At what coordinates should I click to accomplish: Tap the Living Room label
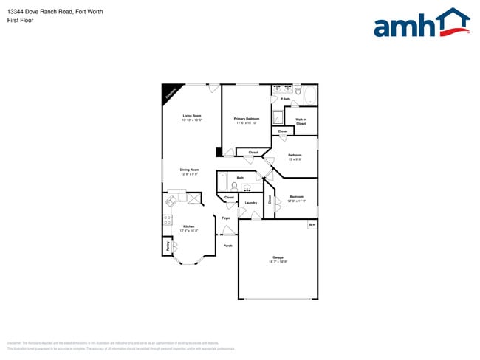tap(192, 116)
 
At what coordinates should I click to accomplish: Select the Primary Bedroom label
tap(246, 119)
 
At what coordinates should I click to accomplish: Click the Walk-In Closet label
tap(301, 122)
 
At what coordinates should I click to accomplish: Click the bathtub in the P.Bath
tap(310, 95)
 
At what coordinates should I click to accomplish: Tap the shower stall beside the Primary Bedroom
tap(278, 117)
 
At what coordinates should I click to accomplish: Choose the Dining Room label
tap(190, 170)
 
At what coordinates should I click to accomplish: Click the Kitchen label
tap(188, 227)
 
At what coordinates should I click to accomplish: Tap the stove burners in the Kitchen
tap(167, 219)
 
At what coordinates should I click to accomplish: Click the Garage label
tap(278, 257)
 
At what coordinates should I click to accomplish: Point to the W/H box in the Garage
tap(312, 224)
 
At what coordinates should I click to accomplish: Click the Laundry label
tap(251, 202)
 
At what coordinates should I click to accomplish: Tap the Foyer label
tap(226, 218)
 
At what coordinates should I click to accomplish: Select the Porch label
tap(227, 245)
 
